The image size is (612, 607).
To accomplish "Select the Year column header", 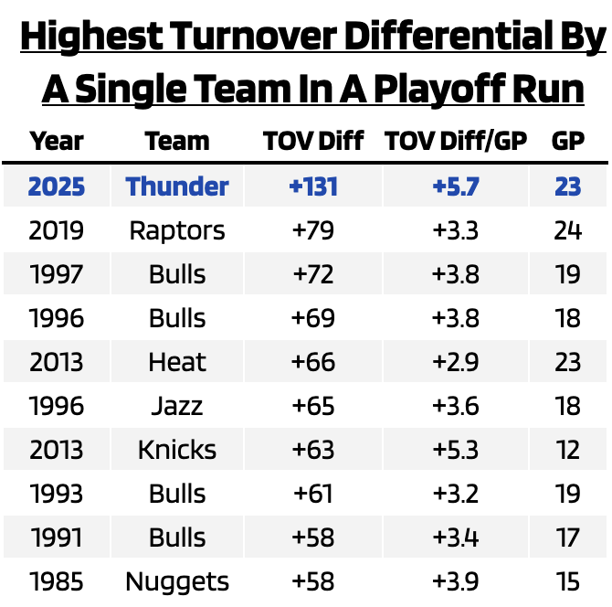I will click(57, 142).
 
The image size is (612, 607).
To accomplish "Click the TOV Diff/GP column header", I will click(456, 142).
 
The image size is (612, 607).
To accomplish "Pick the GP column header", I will click(568, 142).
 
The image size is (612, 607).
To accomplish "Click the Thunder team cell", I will click(177, 186).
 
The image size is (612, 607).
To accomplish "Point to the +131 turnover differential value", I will click(313, 186).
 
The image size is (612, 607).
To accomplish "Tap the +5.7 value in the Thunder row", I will click(456, 186).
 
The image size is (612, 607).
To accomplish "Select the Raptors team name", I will click(177, 230).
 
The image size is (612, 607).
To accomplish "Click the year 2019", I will click(57, 230).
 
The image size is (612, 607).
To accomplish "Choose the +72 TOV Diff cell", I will click(313, 274).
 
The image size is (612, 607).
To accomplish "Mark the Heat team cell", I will click(177, 362).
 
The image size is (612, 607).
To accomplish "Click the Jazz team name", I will click(177, 406).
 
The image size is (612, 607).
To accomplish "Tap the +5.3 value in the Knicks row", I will click(456, 450).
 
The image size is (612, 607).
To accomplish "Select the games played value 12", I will click(568, 450).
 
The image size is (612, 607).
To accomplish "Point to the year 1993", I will click(57, 494).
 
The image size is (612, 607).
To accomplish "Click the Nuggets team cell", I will click(177, 581).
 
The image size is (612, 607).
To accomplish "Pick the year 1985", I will click(57, 581).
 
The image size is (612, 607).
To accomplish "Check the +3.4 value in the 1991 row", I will click(456, 538).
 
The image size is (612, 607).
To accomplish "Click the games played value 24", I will click(568, 230).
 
